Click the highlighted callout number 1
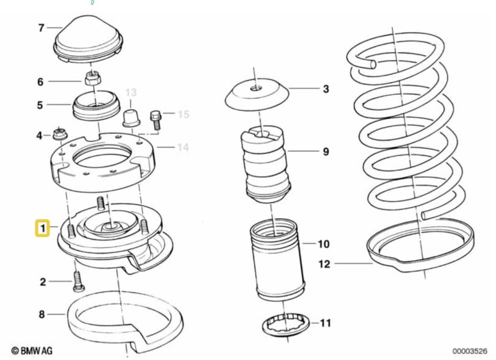click(42, 228)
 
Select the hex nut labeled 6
click(92, 77)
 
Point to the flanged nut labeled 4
click(59, 134)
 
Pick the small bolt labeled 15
click(156, 120)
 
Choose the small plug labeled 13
click(131, 118)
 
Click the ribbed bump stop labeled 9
click(266, 164)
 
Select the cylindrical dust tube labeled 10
click(277, 260)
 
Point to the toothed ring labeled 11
click(286, 325)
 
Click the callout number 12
click(324, 264)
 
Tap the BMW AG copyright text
click(32, 351)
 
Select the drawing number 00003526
click(470, 351)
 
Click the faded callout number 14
click(182, 147)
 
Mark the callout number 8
click(42, 314)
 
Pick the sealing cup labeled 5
click(97, 105)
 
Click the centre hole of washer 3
click(255, 89)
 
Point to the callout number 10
click(323, 244)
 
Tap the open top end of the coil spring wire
click(373, 64)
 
